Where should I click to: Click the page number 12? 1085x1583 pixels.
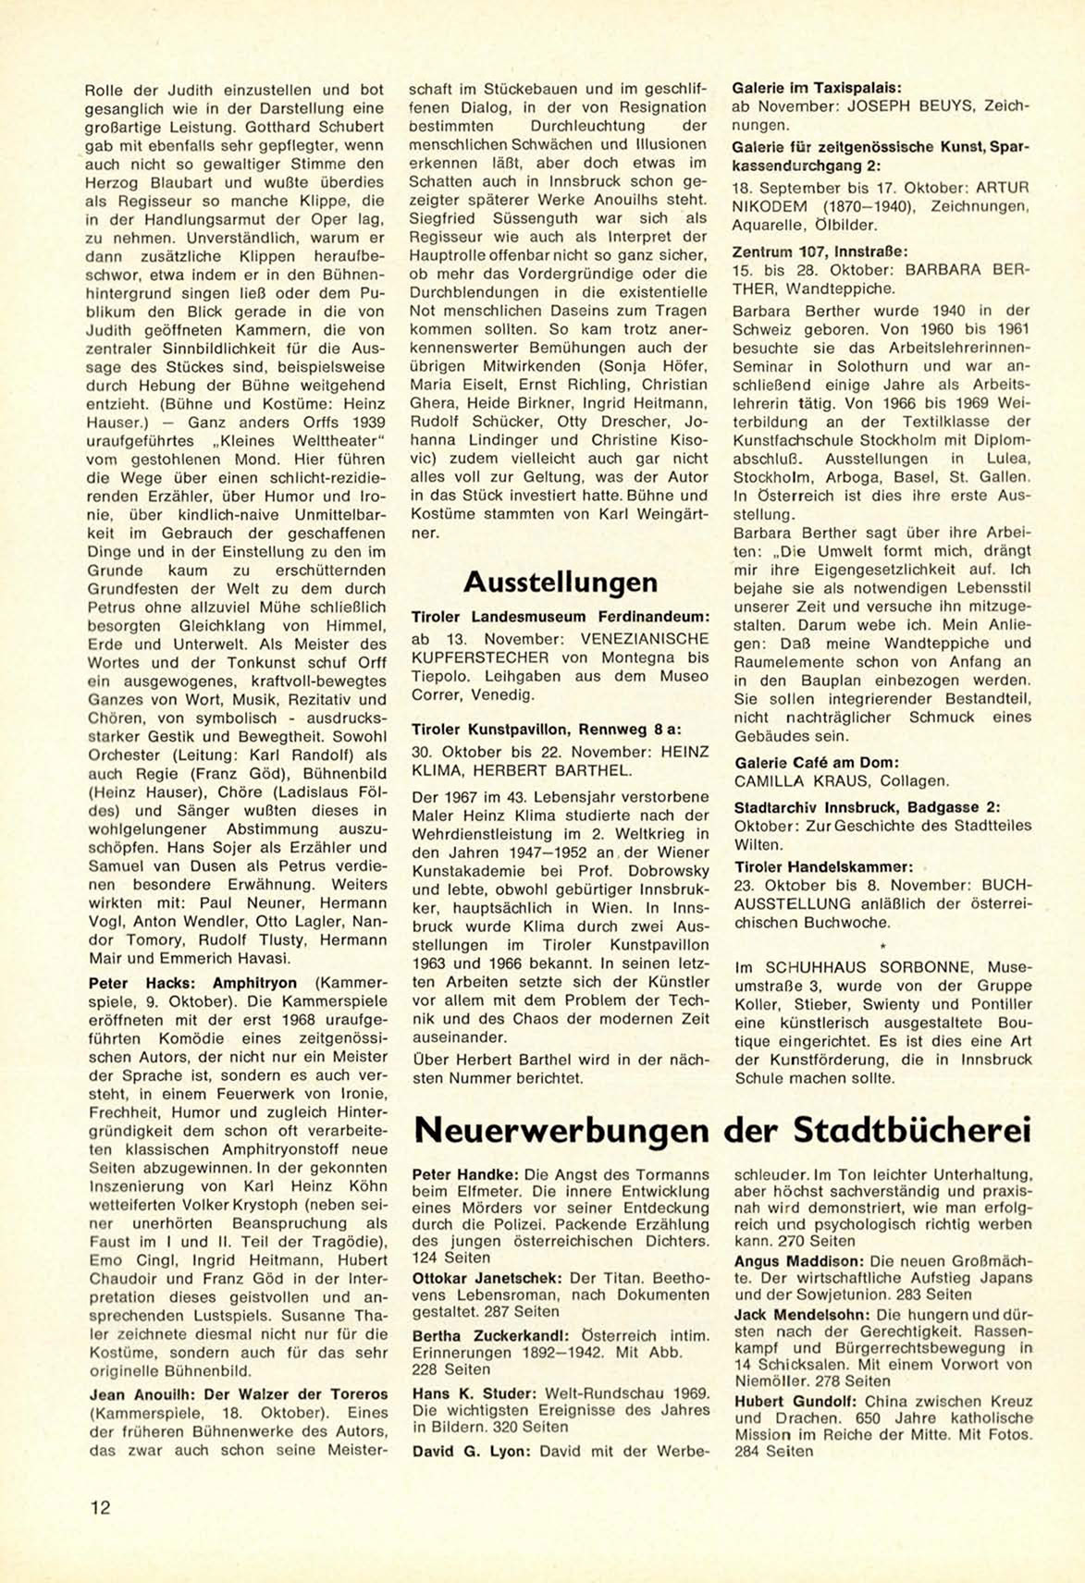(x=100, y=1507)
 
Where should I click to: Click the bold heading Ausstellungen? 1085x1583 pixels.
(x=560, y=583)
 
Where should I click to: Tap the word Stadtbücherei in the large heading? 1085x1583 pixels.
(x=912, y=1130)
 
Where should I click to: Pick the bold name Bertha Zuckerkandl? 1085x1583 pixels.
(x=487, y=1335)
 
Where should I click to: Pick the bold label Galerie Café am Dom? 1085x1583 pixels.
(x=817, y=763)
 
